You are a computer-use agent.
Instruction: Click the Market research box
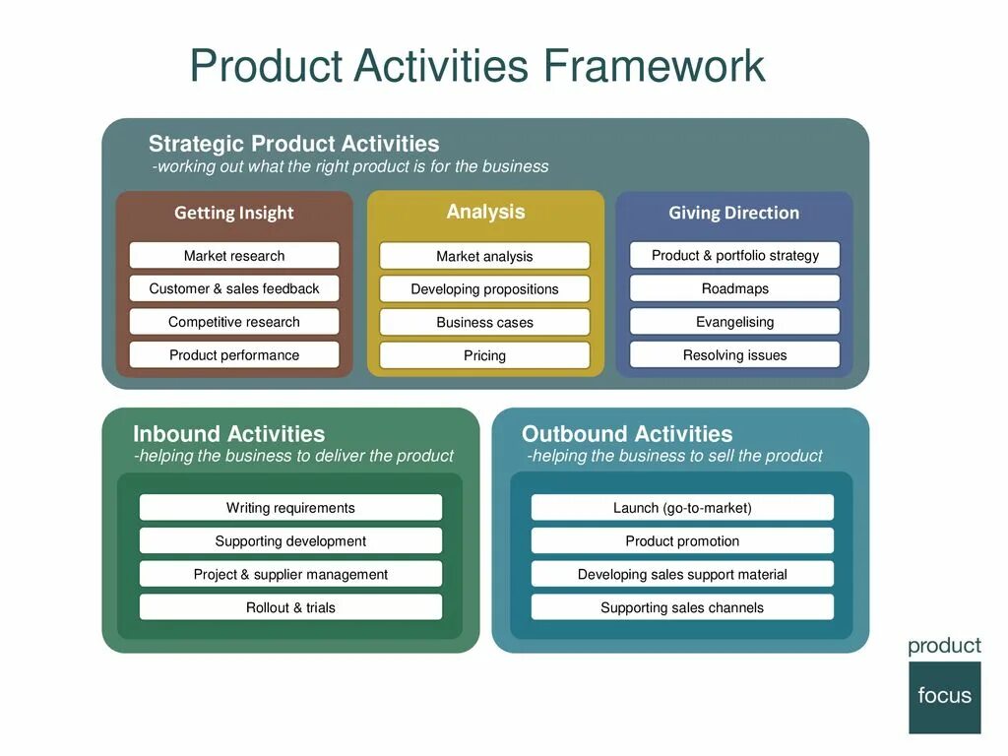click(x=234, y=256)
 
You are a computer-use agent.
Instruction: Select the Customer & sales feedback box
click(x=234, y=288)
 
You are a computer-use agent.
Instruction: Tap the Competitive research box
click(x=234, y=322)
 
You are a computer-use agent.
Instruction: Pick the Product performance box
click(x=234, y=355)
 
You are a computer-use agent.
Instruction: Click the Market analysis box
click(x=484, y=256)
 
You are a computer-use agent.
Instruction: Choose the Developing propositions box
click(x=484, y=289)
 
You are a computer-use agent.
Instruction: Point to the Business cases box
click(x=484, y=322)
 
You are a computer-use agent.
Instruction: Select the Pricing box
click(x=484, y=355)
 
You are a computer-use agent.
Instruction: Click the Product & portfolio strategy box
click(x=734, y=256)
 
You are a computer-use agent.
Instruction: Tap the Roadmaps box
click(x=734, y=288)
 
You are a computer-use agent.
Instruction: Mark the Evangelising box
click(x=734, y=322)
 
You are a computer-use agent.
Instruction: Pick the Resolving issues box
click(x=734, y=355)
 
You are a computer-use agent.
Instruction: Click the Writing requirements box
click(x=290, y=508)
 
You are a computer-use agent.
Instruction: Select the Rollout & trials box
click(x=290, y=607)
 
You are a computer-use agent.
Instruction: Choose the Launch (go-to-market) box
click(x=682, y=508)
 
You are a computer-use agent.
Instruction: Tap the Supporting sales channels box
click(x=682, y=607)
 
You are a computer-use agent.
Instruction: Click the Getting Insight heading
click(x=234, y=213)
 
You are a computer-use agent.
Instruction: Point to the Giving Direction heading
click(x=734, y=213)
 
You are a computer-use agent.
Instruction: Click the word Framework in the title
click(x=654, y=66)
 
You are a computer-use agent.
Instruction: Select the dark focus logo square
click(x=945, y=697)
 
